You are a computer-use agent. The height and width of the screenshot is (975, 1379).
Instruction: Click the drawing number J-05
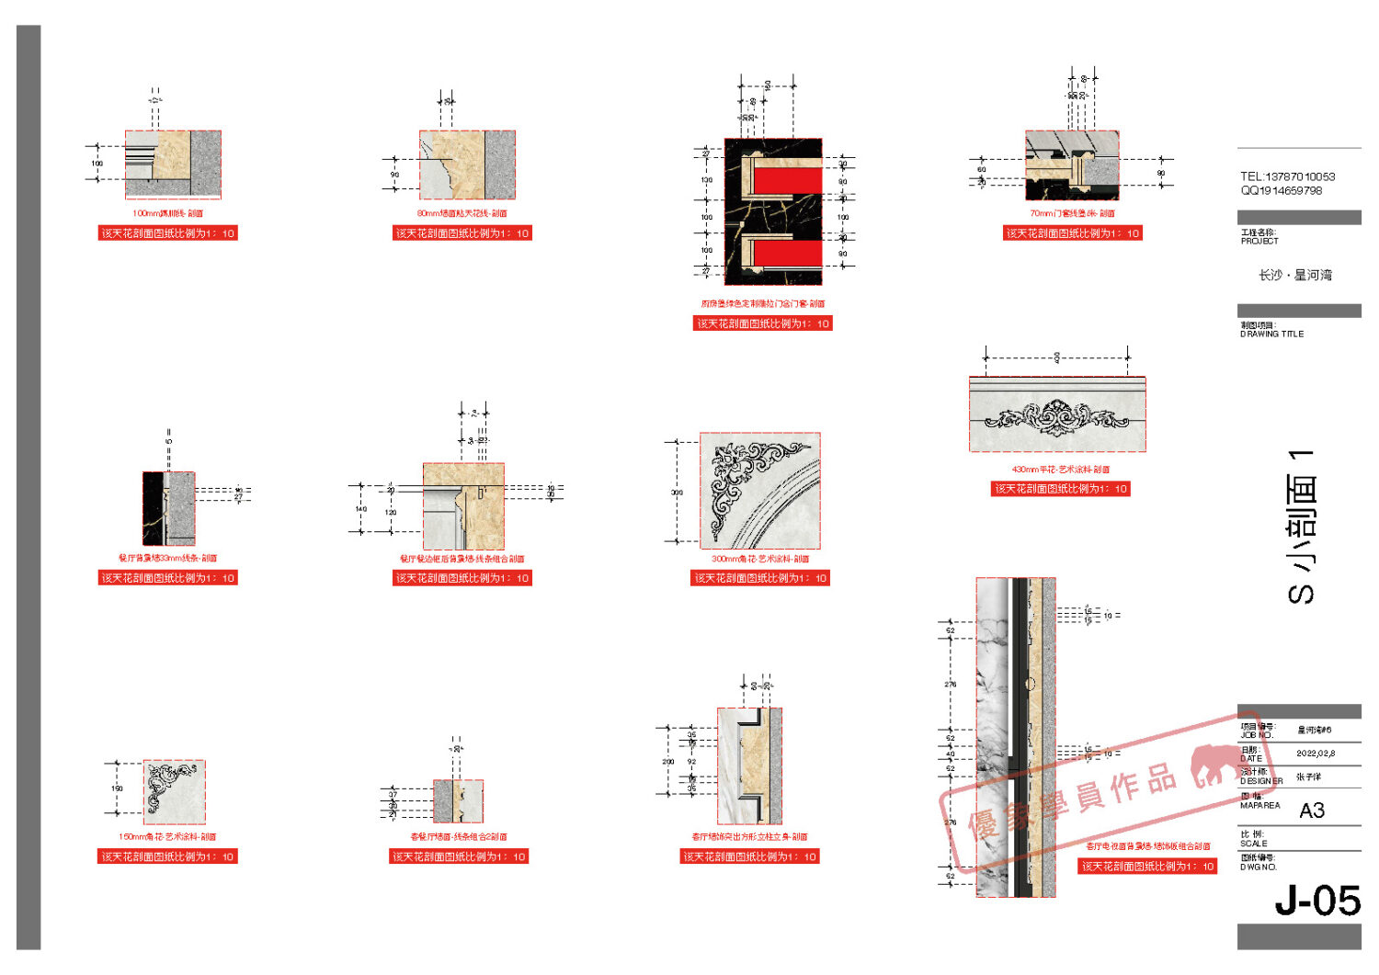[x=1316, y=901]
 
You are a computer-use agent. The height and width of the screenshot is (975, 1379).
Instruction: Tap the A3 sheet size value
[x=1312, y=811]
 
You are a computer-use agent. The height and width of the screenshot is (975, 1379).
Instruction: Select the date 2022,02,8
[x=1316, y=754]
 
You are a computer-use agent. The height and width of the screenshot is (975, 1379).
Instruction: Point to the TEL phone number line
[x=1287, y=176]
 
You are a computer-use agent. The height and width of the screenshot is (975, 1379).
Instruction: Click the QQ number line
[x=1282, y=191]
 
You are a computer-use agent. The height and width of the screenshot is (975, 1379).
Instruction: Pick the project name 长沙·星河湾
[x=1295, y=275]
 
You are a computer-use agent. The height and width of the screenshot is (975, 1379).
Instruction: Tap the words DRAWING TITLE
[x=1272, y=334]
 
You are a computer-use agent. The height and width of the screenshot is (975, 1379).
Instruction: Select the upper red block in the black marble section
[x=787, y=181]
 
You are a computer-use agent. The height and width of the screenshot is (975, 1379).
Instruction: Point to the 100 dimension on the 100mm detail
[x=97, y=164]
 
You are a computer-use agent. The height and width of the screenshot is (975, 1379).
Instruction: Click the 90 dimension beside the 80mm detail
[x=394, y=175]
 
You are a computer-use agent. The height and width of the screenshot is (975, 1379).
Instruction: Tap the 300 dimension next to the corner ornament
[x=678, y=493]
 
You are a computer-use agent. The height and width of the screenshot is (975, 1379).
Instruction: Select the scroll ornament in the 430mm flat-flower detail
[x=1056, y=418]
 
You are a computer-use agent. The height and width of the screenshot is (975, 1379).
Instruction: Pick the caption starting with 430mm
[x=1060, y=470]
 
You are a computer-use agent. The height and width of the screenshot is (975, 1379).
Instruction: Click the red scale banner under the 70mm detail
[x=1072, y=233]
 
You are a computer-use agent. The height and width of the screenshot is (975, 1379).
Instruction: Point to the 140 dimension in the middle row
[x=361, y=509]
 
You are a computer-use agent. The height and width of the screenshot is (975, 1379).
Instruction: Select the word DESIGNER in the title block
[x=1261, y=781]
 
